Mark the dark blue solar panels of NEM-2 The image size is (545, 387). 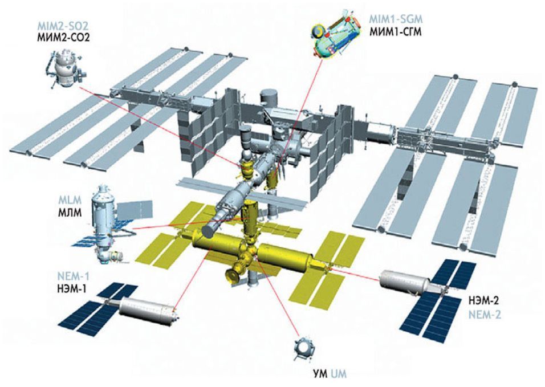click(442, 296)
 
